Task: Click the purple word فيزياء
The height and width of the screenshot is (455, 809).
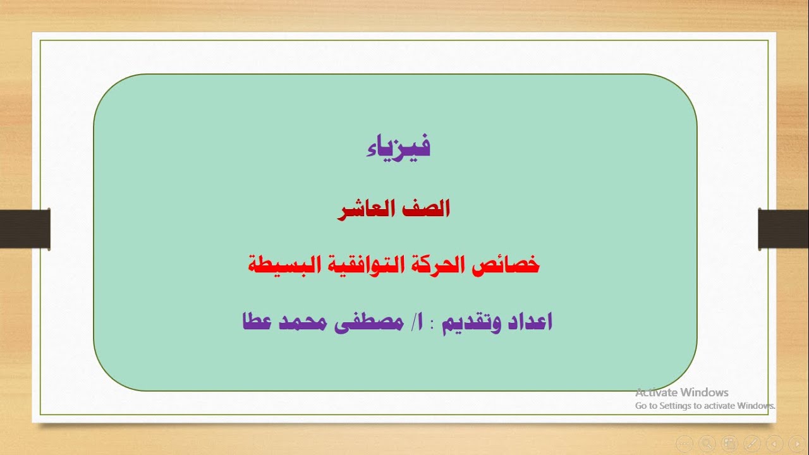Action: click(398, 147)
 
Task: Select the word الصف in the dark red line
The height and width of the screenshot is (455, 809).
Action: click(427, 209)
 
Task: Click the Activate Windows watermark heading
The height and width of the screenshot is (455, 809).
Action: click(682, 392)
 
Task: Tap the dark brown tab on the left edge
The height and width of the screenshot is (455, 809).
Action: click(25, 228)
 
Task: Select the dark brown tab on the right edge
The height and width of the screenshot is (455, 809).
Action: click(783, 228)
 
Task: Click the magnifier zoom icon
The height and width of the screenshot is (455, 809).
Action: click(707, 444)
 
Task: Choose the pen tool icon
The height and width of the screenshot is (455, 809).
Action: click(752, 444)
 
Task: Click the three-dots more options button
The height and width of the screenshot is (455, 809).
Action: click(684, 444)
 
